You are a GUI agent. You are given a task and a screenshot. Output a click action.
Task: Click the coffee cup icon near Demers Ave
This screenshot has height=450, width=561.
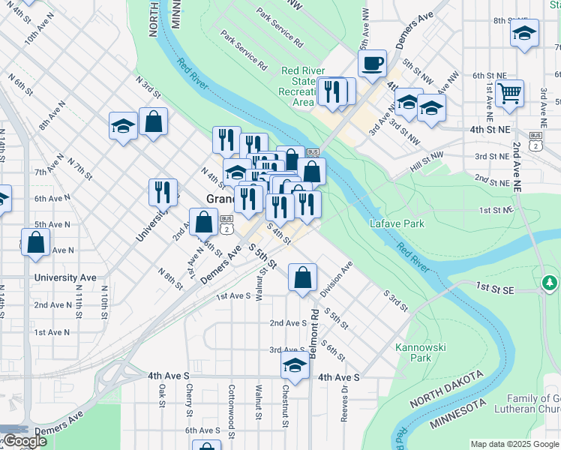click(x=372, y=63)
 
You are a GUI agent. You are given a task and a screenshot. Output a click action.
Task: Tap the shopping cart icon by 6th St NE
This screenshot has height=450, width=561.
click(x=510, y=93)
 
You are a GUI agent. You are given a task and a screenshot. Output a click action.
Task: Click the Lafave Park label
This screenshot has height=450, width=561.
click(x=397, y=223)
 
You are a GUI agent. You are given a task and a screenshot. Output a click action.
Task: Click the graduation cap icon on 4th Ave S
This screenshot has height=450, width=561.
click(x=295, y=365)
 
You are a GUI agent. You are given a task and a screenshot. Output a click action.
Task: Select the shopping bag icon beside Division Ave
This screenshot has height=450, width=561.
click(x=301, y=277)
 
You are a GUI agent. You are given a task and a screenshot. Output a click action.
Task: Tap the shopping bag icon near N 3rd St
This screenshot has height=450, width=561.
click(x=153, y=124)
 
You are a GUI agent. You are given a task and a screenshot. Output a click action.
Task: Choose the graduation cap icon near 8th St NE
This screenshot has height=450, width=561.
click(x=524, y=33)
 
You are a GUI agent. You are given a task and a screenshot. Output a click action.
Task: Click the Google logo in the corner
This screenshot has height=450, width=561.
click(x=24, y=441)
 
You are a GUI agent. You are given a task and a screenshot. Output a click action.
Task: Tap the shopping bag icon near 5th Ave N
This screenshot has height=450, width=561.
click(x=35, y=243)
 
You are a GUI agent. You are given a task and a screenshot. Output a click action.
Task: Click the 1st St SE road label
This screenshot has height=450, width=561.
click(x=495, y=287)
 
